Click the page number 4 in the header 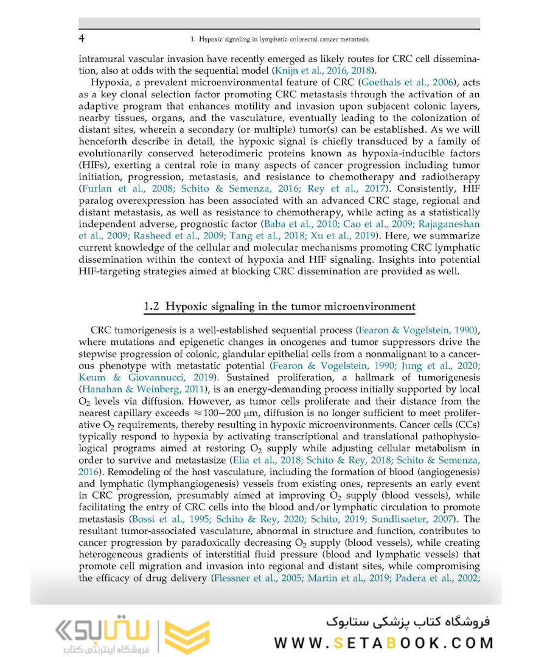click(x=82, y=39)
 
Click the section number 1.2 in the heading click(x=152, y=307)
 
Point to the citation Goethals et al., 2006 click(x=406, y=83)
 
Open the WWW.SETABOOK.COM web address click(x=383, y=642)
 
